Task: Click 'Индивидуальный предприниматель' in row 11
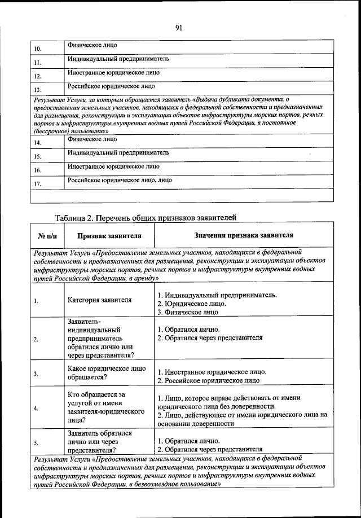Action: coord(118,59)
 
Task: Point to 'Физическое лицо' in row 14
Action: coord(92,139)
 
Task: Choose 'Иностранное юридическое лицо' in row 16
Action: coord(113,167)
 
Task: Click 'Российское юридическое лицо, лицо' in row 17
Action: coord(120,181)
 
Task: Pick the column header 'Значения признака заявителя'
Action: coord(244,235)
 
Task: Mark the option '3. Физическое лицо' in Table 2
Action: coord(187,312)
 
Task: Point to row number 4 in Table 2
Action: coord(36,408)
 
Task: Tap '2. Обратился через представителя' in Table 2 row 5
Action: coord(210,450)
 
